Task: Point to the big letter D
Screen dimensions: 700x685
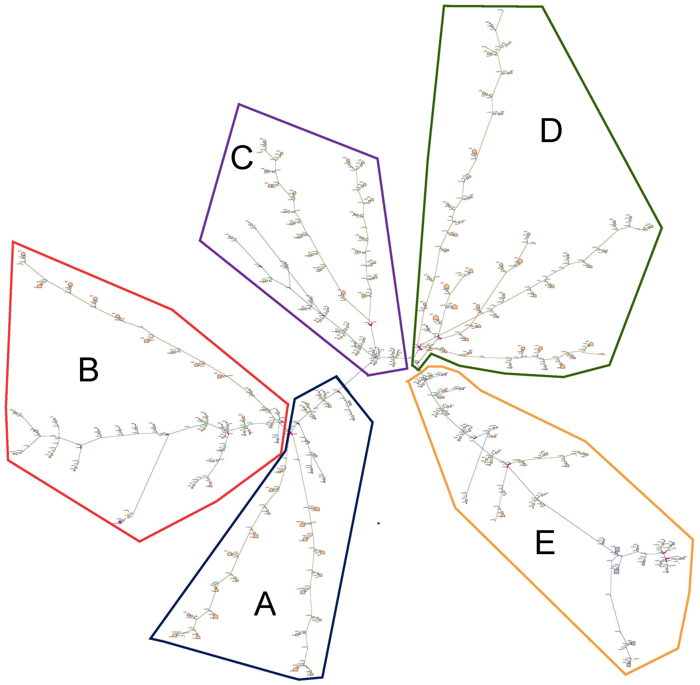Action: click(x=551, y=131)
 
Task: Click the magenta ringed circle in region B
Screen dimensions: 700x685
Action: click(x=120, y=522)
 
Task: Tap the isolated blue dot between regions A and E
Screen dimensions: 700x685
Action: click(x=378, y=523)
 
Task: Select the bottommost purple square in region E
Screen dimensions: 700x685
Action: click(x=628, y=665)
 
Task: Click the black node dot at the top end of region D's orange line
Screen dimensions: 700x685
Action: click(x=503, y=10)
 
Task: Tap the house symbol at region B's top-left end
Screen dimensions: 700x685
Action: click(x=23, y=254)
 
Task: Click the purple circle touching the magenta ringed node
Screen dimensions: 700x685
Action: click(x=123, y=520)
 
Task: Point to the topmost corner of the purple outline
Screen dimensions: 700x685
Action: click(x=239, y=104)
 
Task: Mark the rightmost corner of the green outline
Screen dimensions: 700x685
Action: click(x=662, y=228)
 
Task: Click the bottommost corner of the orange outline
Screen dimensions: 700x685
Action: click(x=626, y=674)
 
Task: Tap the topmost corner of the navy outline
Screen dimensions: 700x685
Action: click(x=336, y=376)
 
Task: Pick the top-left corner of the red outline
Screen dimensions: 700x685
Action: click(x=13, y=242)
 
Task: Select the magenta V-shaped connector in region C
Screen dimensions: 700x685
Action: click(x=370, y=325)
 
